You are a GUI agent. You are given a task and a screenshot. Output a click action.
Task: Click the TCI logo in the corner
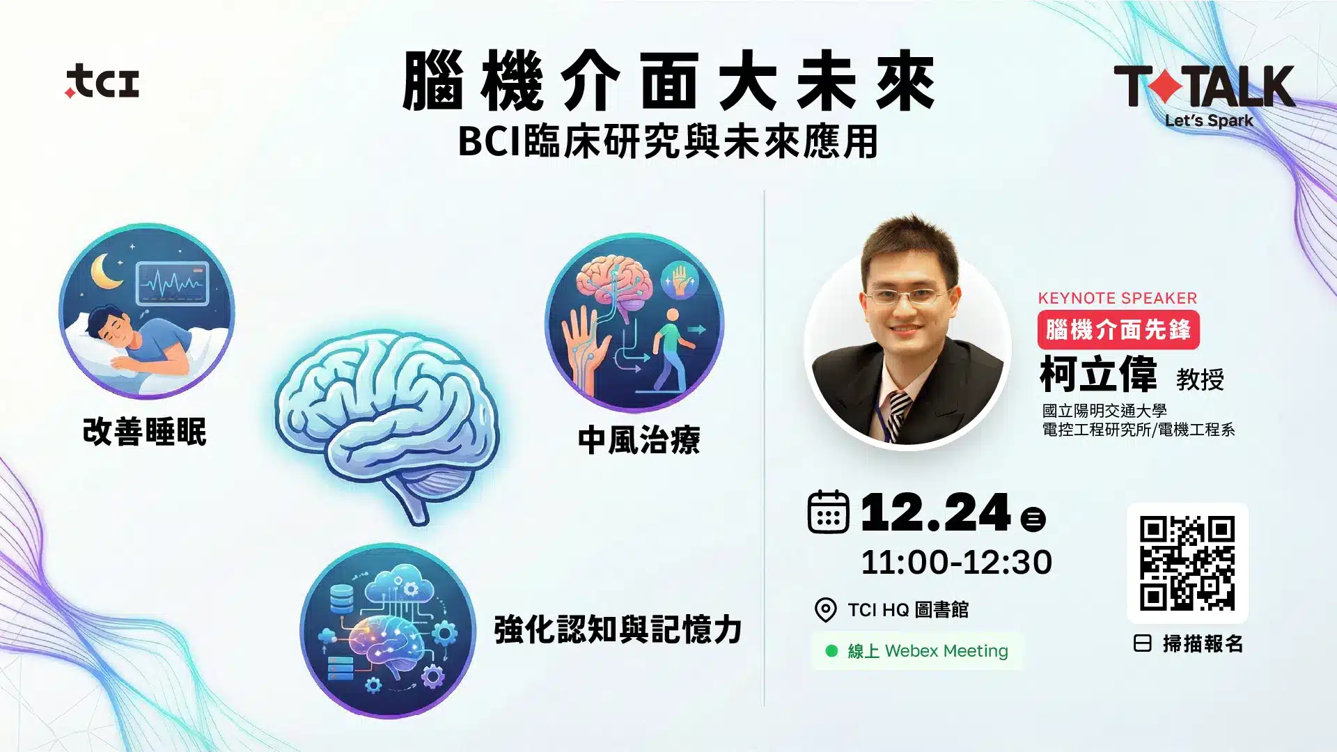102,81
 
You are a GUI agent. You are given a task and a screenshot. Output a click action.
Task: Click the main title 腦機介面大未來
668,81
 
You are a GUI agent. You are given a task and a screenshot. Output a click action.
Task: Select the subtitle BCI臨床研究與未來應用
668,141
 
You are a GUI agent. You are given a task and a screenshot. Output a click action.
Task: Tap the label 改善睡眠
145,432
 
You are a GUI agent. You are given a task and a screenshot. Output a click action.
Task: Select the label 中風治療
639,440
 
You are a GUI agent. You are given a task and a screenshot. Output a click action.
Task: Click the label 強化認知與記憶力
618,629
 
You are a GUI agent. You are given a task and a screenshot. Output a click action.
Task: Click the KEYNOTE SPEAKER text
1118,298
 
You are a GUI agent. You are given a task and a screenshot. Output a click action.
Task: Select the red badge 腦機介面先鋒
1118,330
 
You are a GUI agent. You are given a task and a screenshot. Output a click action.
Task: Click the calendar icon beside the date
828,512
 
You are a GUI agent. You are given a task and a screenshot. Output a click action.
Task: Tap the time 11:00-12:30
956,563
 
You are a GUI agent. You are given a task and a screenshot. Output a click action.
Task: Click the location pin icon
825,610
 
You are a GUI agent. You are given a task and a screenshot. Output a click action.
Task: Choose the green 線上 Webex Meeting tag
917,651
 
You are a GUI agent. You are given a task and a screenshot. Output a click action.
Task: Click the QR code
1187,563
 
